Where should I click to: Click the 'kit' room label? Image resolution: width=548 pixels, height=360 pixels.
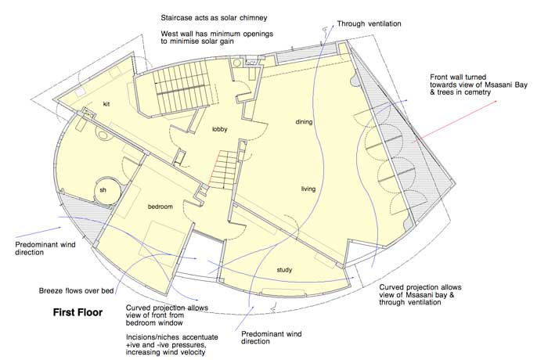coord(106,104)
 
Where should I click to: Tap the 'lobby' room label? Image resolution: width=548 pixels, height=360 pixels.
coord(220,129)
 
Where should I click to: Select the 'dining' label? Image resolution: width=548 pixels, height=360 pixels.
coord(304,121)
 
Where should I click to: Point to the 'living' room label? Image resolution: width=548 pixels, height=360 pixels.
coord(308,189)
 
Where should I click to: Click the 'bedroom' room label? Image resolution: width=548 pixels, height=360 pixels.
coord(160,207)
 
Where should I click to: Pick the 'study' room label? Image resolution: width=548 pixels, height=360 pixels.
coord(284,270)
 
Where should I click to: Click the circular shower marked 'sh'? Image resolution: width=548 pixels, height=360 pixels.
coord(107,191)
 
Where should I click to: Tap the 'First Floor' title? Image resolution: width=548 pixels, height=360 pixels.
coord(78,312)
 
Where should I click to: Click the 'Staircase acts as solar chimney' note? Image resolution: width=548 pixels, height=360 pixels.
coord(214,18)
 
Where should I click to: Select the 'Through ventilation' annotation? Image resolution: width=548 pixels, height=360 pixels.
coord(369,23)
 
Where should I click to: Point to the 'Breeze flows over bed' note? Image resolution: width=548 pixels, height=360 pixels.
coord(76,291)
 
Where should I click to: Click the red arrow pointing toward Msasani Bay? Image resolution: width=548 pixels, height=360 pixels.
coord(455,121)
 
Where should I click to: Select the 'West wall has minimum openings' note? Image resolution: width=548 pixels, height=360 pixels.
coord(217,34)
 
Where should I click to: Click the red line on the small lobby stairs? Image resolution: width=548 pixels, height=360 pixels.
coord(213,170)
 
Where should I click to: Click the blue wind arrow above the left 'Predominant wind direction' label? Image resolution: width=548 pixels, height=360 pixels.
coord(38,232)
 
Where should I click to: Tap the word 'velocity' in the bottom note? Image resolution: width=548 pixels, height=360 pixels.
coord(191,352)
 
